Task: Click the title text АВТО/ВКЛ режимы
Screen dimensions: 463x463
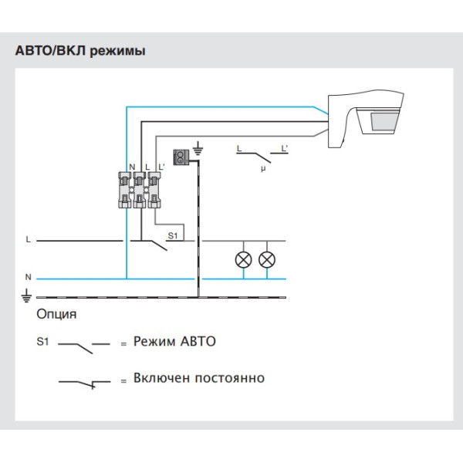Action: pyautogui.click(x=80, y=51)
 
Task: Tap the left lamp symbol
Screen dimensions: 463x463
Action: pyautogui.click(x=242, y=259)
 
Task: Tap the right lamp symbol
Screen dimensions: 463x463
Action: pyautogui.click(x=267, y=259)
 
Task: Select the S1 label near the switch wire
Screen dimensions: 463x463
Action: pyautogui.click(x=173, y=234)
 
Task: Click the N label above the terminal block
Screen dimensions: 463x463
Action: pyautogui.click(x=132, y=167)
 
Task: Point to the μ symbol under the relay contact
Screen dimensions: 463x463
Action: pyautogui.click(x=263, y=166)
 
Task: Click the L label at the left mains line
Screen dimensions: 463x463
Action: pyautogui.click(x=28, y=240)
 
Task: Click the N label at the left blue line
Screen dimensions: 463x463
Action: pyautogui.click(x=28, y=276)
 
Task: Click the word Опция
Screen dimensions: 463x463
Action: pyautogui.click(x=56, y=315)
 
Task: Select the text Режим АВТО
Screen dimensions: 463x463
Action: pyautogui.click(x=174, y=341)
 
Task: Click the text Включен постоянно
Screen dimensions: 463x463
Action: pyautogui.click(x=198, y=378)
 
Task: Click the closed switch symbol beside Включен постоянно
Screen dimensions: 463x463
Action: pyautogui.click(x=85, y=381)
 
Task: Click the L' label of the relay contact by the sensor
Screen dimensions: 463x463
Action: pyautogui.click(x=285, y=147)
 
